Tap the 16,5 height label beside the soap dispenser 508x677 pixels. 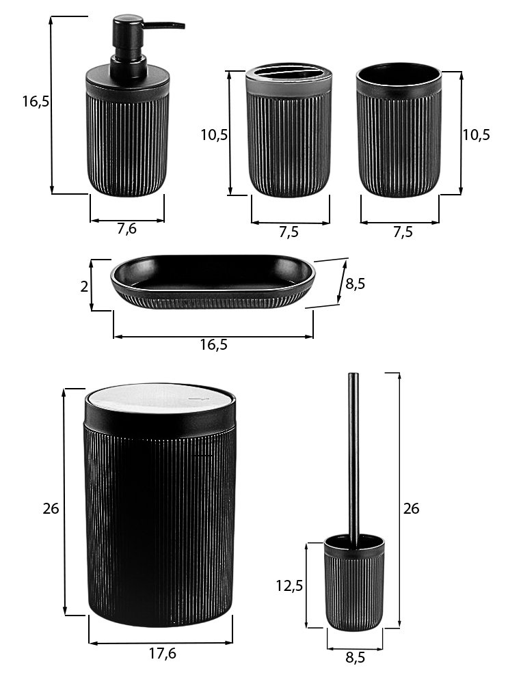pyautogui.click(x=36, y=102)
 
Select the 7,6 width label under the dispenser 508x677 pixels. pyautogui.click(x=126, y=229)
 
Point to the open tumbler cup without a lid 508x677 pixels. pyautogui.click(x=399, y=130)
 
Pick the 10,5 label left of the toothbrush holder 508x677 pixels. pyautogui.click(x=214, y=135)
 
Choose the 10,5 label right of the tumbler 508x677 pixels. pyautogui.click(x=477, y=135)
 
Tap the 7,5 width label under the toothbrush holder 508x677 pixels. pyautogui.click(x=289, y=232)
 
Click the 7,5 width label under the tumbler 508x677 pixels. pyautogui.click(x=403, y=232)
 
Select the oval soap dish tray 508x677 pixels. pyautogui.click(x=213, y=282)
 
